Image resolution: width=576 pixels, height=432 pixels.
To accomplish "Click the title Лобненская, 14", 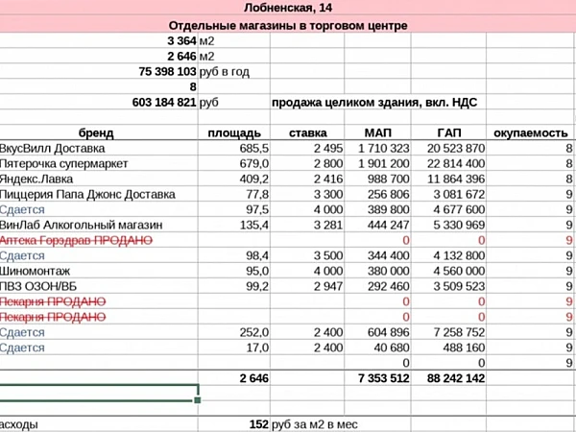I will pos(288,8).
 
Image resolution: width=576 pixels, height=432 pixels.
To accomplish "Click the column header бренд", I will pos(95,132).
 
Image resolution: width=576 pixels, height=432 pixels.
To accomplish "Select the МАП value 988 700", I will pos(384,179).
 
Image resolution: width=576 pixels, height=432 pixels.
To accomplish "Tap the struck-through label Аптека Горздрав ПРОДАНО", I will pos(77,239).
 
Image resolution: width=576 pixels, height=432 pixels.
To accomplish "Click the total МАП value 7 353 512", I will pos(383,378).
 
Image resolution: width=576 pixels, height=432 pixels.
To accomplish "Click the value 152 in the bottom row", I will pos(257,423).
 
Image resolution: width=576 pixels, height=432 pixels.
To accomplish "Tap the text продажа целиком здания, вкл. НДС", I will pos(374,102).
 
